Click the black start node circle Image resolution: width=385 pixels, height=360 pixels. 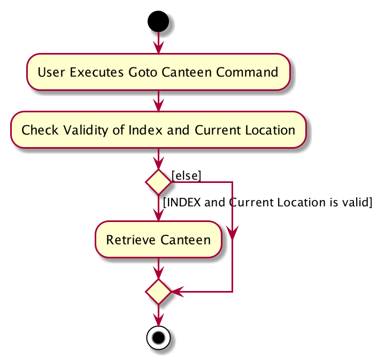pos(158,21)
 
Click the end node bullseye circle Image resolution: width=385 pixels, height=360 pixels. pos(158,338)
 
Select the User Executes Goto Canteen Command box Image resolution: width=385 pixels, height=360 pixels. pos(158,72)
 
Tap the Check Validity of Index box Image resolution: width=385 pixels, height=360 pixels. pos(158,129)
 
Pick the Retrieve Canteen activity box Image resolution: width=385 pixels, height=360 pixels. pos(158,240)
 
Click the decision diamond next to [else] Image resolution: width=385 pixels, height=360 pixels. pos(158,182)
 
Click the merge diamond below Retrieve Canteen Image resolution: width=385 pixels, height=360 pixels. pos(158,292)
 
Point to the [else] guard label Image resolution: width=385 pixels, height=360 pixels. pos(187,175)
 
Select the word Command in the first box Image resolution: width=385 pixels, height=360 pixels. pos(247,72)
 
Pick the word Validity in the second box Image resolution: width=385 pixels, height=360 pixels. pos(86,130)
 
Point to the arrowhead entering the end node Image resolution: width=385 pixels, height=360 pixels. pos(158,320)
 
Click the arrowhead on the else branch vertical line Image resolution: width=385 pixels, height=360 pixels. pos(232,233)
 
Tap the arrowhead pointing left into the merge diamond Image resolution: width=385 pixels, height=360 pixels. pos(178,292)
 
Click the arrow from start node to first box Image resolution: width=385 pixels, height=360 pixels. pos(158,43)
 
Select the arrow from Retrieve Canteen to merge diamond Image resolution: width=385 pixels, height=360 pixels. pos(158,269)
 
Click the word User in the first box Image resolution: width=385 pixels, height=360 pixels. pos(51,72)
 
